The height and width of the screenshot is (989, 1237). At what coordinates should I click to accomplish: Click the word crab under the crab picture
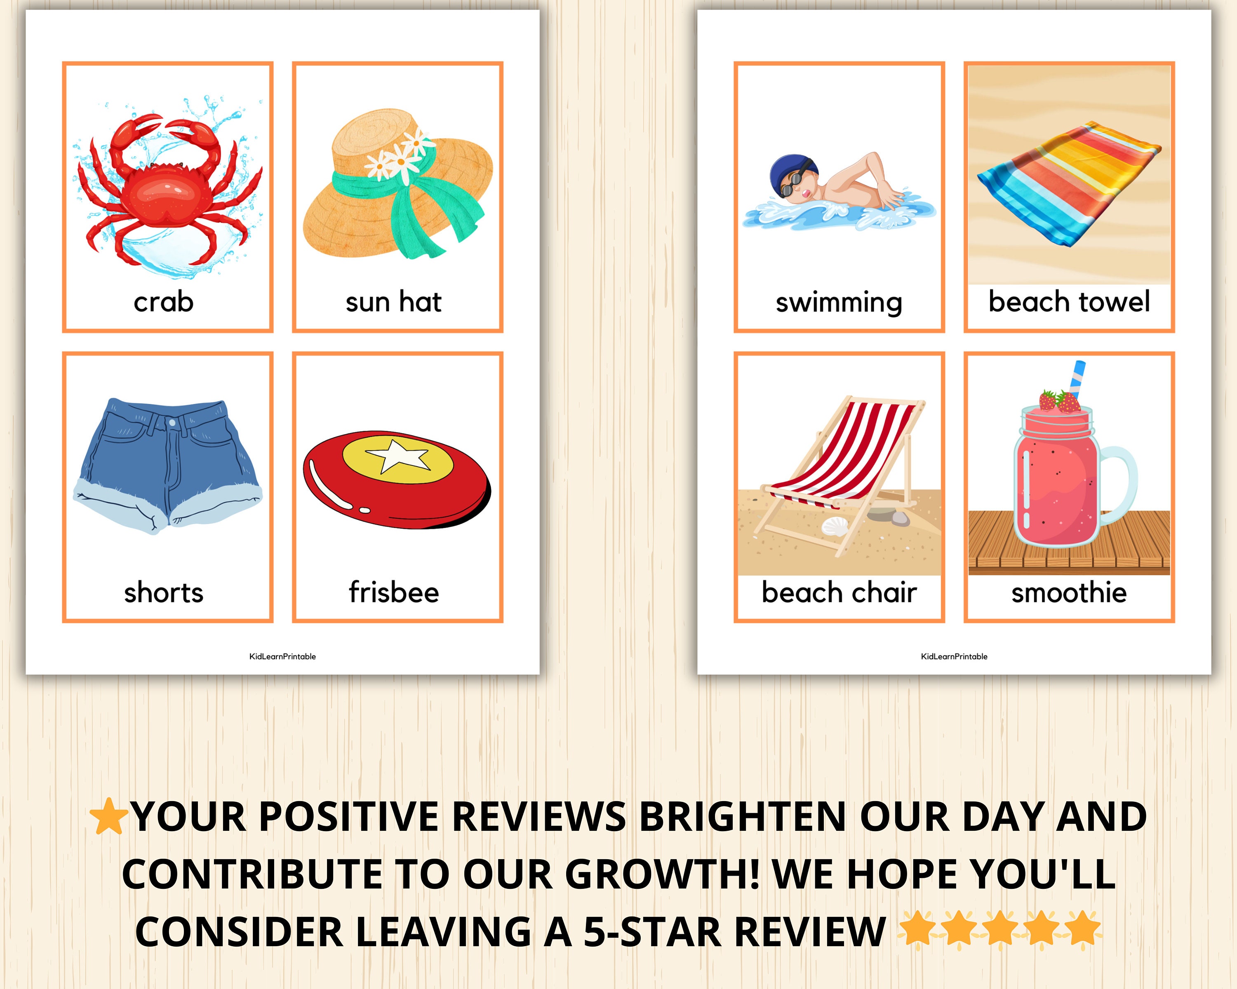pyautogui.click(x=164, y=302)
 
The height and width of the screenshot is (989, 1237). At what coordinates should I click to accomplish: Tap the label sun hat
pyautogui.click(x=394, y=302)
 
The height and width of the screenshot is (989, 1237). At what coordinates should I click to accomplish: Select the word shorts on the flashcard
pyautogui.click(x=164, y=593)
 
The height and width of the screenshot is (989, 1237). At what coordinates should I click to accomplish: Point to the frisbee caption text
pyautogui.click(x=394, y=593)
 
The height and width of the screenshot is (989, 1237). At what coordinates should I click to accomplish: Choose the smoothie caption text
pyautogui.click(x=1068, y=593)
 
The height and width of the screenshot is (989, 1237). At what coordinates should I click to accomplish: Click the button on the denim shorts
pyautogui.click(x=172, y=424)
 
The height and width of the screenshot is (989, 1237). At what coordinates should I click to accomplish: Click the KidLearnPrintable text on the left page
pyautogui.click(x=282, y=656)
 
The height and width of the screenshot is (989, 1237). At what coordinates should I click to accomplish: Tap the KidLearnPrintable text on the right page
pyautogui.click(x=954, y=656)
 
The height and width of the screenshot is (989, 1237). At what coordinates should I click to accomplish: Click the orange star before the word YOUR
pyautogui.click(x=108, y=816)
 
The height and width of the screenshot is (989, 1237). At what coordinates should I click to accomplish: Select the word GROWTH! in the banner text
pyautogui.click(x=662, y=874)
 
